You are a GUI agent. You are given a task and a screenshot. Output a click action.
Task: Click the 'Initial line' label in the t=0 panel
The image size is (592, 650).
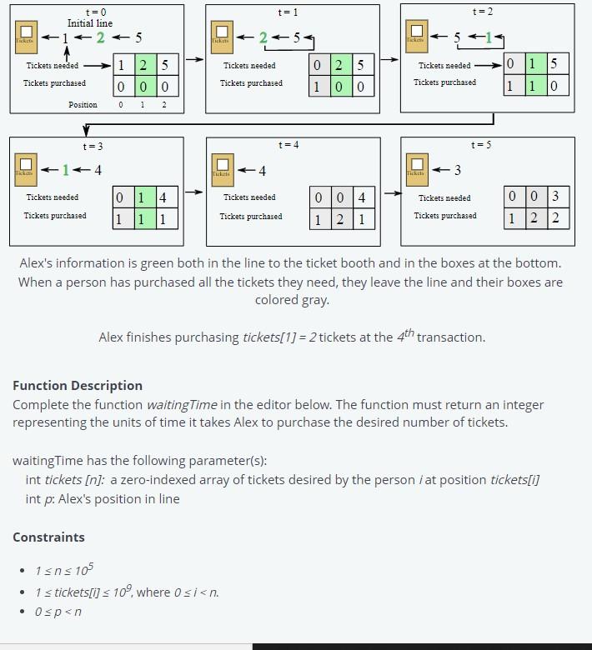point(90,23)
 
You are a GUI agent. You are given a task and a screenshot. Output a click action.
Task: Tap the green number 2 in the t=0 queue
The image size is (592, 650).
point(100,37)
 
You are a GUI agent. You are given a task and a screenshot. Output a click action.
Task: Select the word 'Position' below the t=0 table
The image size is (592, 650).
point(83,105)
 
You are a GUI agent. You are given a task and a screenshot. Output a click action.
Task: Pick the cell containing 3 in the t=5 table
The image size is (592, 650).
point(555,197)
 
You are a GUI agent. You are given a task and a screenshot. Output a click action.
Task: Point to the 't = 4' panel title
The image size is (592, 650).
point(288,145)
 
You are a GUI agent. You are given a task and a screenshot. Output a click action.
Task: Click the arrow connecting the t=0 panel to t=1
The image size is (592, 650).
point(194,60)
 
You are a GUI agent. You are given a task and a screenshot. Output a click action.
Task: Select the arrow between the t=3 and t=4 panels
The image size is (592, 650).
point(194,192)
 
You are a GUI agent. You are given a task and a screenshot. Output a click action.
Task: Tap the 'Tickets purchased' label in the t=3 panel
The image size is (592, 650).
point(55,216)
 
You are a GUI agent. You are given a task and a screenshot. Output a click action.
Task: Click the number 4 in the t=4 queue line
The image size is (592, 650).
point(263,171)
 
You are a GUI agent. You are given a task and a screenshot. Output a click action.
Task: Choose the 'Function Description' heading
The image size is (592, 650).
point(78,386)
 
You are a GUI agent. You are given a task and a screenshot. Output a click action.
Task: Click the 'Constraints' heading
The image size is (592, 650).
point(48,537)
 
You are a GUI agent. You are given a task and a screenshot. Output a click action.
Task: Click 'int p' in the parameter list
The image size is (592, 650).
point(40,499)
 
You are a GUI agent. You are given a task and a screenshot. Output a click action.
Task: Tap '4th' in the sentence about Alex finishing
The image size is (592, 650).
point(404,336)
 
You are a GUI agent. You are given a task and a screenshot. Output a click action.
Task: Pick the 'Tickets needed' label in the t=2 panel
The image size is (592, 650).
point(444,65)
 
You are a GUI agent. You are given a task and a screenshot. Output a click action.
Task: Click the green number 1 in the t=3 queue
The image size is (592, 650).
point(66,171)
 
